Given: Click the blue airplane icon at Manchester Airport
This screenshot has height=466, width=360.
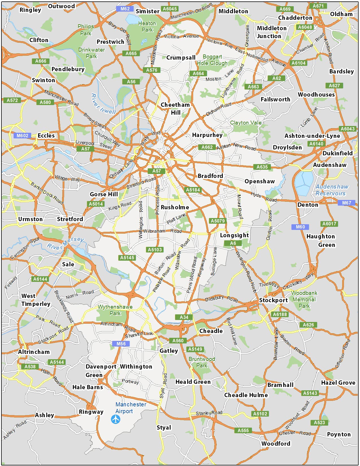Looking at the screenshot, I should pyautogui.click(x=116, y=419).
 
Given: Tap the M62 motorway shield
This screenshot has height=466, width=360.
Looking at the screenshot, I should pyautogui.click(x=125, y=9).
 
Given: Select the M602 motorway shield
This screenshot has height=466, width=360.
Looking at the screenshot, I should pyautogui.click(x=22, y=136).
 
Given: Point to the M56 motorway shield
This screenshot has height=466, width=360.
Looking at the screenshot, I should pyautogui.click(x=121, y=344).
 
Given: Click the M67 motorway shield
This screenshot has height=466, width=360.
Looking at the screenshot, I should pyautogui.click(x=346, y=203).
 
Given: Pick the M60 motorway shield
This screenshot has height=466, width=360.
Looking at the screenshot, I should pyautogui.click(x=300, y=227).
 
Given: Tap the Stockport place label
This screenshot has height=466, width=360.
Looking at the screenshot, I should pyautogui.click(x=273, y=300).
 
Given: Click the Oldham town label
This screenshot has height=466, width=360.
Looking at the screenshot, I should pyautogui.click(x=341, y=14).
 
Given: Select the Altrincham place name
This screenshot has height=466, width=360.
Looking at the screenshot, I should pyautogui.click(x=34, y=352).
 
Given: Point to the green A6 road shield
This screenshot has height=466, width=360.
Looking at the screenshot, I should pyautogui.click(x=233, y=243).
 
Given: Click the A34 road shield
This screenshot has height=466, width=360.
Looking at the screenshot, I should pyautogui.click(x=184, y=317).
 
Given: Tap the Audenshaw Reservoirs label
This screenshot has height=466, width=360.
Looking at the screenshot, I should pyautogui.click(x=332, y=190).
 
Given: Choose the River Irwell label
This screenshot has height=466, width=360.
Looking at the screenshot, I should pyautogui.click(x=103, y=104).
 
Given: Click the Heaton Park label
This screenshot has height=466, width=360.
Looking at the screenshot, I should pyautogui.click(x=147, y=27).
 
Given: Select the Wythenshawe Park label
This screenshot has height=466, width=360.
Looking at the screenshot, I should pyautogui.click(x=115, y=310).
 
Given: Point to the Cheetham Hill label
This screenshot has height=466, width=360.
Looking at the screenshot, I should pyautogui.click(x=175, y=108).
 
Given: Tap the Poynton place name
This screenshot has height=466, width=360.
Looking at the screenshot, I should pyautogui.click(x=339, y=434).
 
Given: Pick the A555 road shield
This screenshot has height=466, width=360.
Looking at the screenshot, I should pyautogui.click(x=243, y=430).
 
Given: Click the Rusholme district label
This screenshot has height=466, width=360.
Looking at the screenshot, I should pyautogui.click(x=175, y=207).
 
